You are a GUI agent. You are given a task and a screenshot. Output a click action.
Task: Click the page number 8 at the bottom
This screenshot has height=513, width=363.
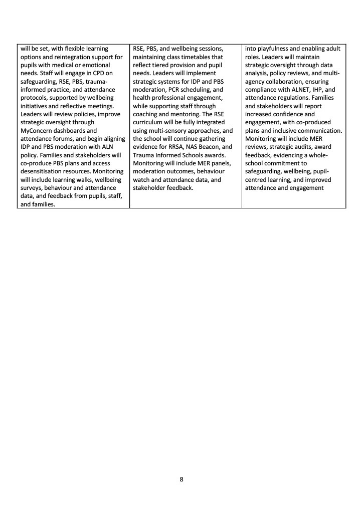(x=181, y=479)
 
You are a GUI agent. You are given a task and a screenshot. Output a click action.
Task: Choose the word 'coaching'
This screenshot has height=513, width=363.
(x=147, y=114)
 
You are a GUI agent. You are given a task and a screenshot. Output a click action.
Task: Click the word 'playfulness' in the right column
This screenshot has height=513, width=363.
(x=272, y=49)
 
